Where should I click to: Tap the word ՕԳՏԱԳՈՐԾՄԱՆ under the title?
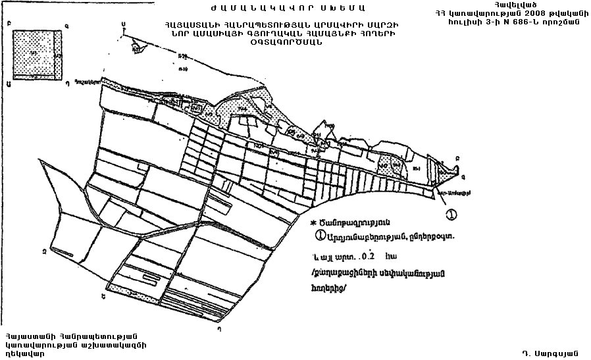(x=284, y=43)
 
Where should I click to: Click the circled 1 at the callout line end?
(x=451, y=213)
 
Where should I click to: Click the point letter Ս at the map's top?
(x=123, y=24)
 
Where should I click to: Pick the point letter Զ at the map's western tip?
(x=43, y=250)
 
